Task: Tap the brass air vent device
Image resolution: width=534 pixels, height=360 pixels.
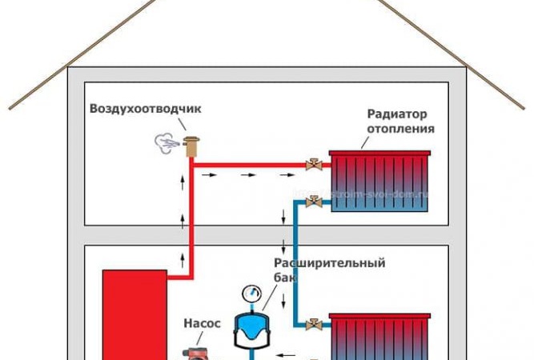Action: (x=191, y=146)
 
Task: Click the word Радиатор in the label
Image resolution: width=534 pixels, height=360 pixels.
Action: (x=394, y=114)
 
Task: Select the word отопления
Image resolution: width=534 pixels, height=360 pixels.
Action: (x=401, y=128)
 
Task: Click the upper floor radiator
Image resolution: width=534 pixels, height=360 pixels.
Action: (x=379, y=181)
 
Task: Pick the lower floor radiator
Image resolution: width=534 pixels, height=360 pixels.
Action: (x=381, y=336)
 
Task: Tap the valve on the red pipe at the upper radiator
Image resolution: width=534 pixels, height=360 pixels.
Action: (x=313, y=166)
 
